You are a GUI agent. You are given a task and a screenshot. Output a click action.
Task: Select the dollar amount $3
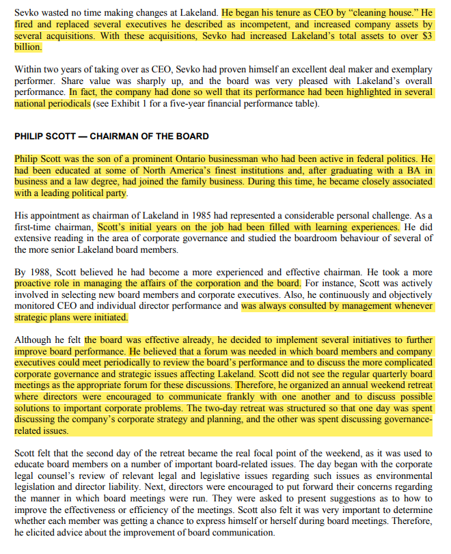(x=426, y=36)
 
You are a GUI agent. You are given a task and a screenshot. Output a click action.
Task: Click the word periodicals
(x=66, y=105)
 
